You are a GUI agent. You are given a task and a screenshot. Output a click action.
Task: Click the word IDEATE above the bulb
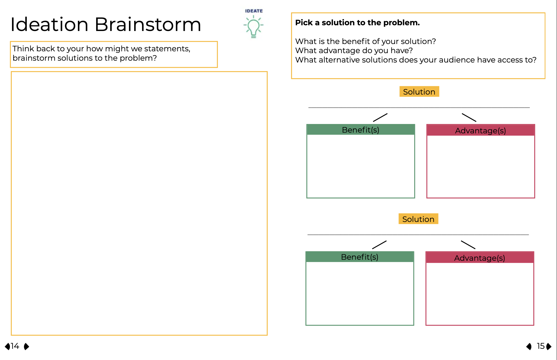coord(254,11)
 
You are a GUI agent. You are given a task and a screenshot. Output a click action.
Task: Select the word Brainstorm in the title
coord(148,25)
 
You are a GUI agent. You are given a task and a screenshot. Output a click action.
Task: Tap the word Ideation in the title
coord(49,25)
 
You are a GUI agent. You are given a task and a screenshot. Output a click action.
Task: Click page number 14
coord(15,346)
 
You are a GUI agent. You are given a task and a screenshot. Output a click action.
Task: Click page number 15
coord(541,346)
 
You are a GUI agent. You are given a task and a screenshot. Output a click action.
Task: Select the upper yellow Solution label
coord(419,92)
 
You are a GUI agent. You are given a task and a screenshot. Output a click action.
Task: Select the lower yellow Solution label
coord(418,219)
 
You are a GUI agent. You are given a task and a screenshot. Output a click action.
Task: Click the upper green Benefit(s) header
coord(361,130)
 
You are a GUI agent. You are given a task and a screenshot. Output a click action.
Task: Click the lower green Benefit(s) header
coord(360,257)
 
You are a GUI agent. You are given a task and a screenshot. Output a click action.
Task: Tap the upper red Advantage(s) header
coord(480,130)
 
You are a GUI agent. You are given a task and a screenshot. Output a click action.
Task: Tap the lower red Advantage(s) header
coord(479,258)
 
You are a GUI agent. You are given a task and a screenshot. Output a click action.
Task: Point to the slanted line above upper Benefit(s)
coord(380,117)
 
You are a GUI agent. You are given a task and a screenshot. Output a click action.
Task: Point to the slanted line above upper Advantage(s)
coord(469,117)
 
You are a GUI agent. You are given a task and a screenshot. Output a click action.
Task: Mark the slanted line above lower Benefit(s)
coord(379,245)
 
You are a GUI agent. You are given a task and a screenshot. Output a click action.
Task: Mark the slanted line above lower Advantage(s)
coord(468,245)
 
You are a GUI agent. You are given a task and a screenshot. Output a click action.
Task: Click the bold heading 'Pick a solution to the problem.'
coord(357,23)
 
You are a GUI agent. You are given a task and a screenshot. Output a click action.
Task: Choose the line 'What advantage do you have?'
coord(354,51)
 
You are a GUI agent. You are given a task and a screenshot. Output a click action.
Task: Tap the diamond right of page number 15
coord(549,346)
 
